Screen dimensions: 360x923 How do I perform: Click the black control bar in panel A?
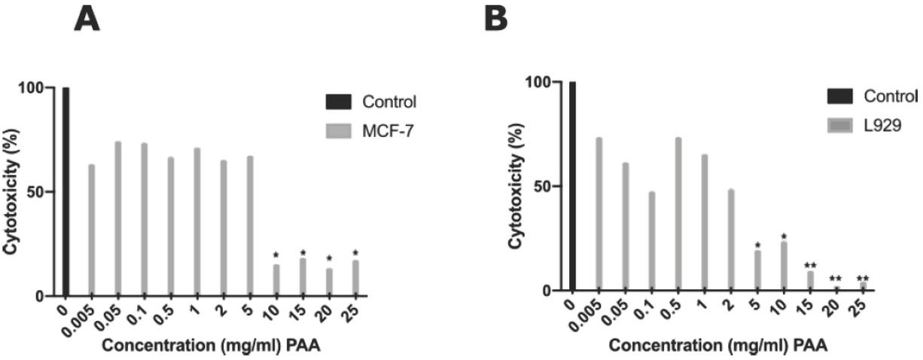click(65, 191)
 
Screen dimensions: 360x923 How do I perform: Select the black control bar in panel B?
click(572, 186)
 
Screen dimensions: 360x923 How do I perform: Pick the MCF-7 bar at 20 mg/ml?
click(328, 282)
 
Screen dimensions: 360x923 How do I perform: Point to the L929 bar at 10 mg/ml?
click(783, 266)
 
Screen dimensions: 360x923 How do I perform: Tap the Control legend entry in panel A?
click(374, 102)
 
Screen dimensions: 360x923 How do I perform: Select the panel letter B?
click(495, 18)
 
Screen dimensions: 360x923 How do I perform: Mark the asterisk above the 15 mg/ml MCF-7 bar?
click(303, 253)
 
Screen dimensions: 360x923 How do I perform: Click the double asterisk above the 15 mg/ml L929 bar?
click(810, 265)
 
